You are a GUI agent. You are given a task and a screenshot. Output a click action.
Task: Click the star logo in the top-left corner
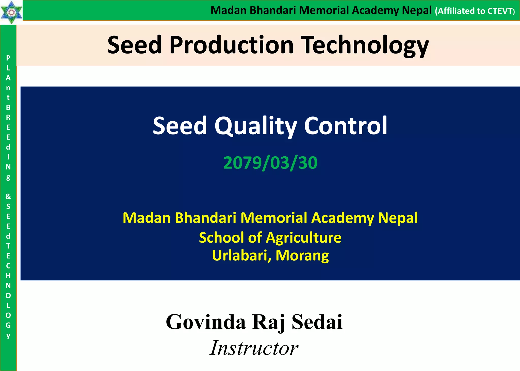click(11, 12)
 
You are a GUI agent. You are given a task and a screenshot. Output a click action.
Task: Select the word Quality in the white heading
click(256, 126)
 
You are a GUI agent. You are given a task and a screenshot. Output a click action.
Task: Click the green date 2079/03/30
click(270, 163)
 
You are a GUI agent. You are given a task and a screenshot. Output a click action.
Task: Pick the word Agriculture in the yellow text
click(304, 238)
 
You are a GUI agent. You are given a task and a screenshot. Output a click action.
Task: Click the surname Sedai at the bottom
click(317, 322)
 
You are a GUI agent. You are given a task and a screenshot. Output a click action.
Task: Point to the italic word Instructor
click(254, 348)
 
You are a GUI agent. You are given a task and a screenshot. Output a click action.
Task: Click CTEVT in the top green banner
click(500, 11)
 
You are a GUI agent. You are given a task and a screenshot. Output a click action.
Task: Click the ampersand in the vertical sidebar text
click(8, 196)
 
